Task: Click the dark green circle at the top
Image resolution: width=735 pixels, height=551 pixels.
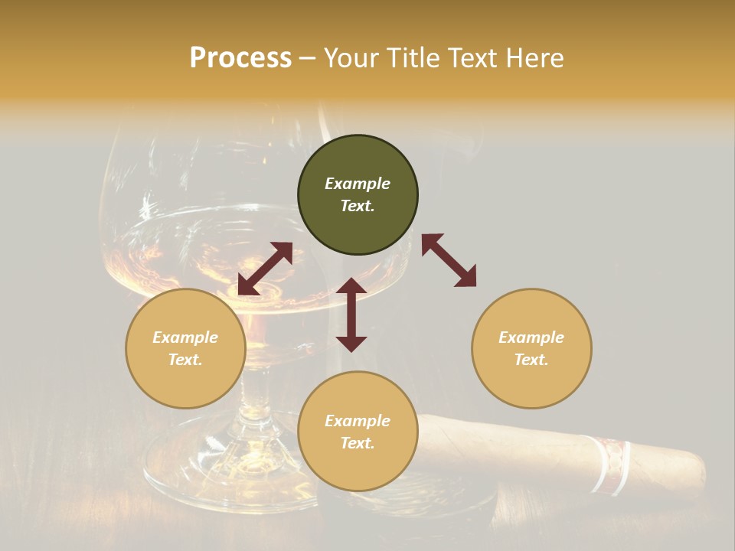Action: pos(358,195)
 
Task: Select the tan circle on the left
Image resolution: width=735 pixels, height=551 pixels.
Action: pos(185,349)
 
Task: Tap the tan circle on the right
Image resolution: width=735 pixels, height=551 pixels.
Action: pos(531,349)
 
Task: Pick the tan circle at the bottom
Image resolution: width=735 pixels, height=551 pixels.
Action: pos(358,432)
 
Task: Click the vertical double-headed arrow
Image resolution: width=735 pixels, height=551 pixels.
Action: pos(351,315)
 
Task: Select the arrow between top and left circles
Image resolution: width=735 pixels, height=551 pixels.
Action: pos(265,269)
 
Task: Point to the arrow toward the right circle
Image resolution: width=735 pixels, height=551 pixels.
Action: pos(449,260)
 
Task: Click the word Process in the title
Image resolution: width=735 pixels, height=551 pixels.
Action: pos(240,57)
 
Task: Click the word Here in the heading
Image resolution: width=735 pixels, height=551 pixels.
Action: pos(535,57)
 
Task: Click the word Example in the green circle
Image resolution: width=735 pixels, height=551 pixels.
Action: pos(358,184)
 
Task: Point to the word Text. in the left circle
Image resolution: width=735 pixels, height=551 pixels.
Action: pos(185,360)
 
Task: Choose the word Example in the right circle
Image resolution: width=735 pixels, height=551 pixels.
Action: pos(531,337)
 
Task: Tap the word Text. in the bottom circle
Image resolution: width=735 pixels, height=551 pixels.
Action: pos(358,443)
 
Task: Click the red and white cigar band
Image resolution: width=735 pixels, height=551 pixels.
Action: pos(610,464)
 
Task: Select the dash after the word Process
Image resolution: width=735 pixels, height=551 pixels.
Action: pos(308,58)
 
